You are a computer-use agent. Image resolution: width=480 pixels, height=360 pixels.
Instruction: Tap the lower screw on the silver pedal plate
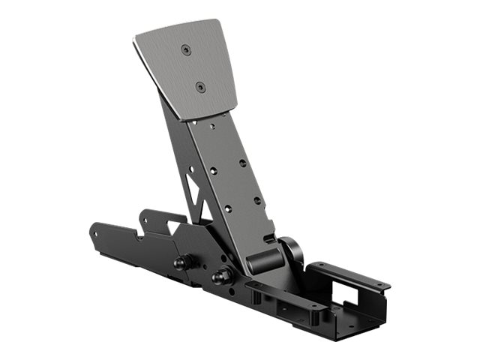[x=200, y=87]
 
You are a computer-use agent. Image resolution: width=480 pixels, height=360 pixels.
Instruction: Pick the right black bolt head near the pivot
[x=220, y=277]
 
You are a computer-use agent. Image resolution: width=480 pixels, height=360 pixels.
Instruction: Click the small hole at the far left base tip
[x=96, y=228]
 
